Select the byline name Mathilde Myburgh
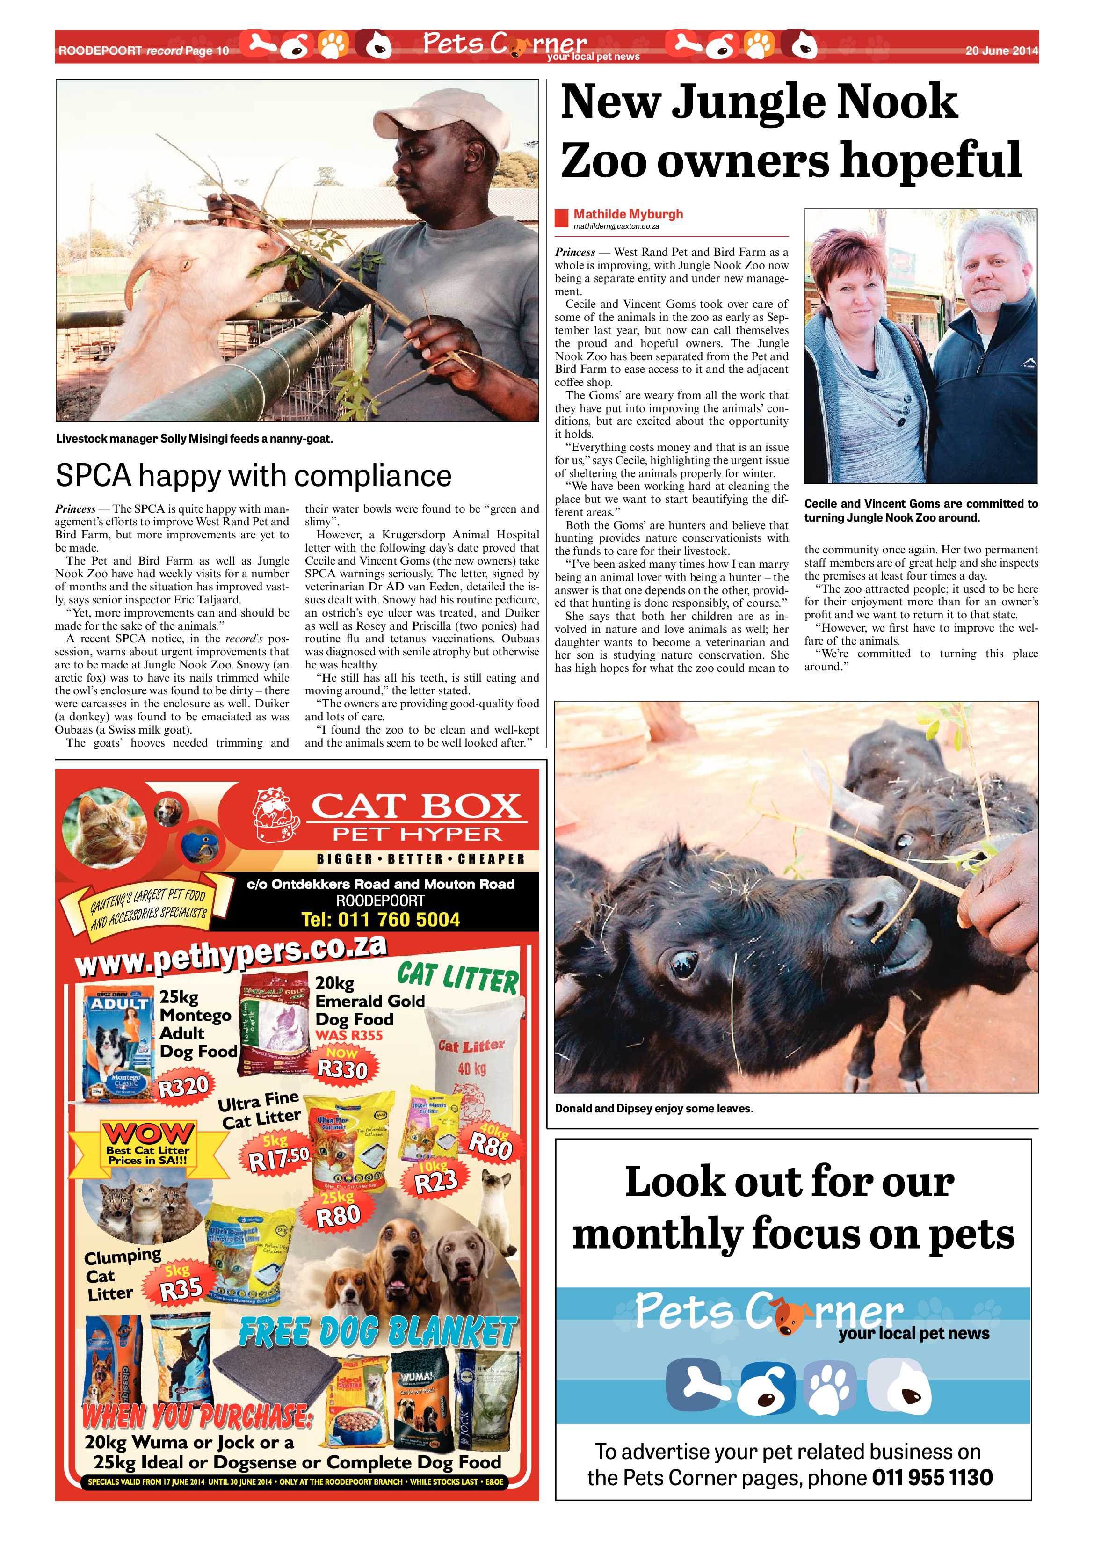click(628, 214)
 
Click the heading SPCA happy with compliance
click(254, 476)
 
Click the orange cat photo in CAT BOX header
click(102, 828)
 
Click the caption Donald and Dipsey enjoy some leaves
click(653, 1108)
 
